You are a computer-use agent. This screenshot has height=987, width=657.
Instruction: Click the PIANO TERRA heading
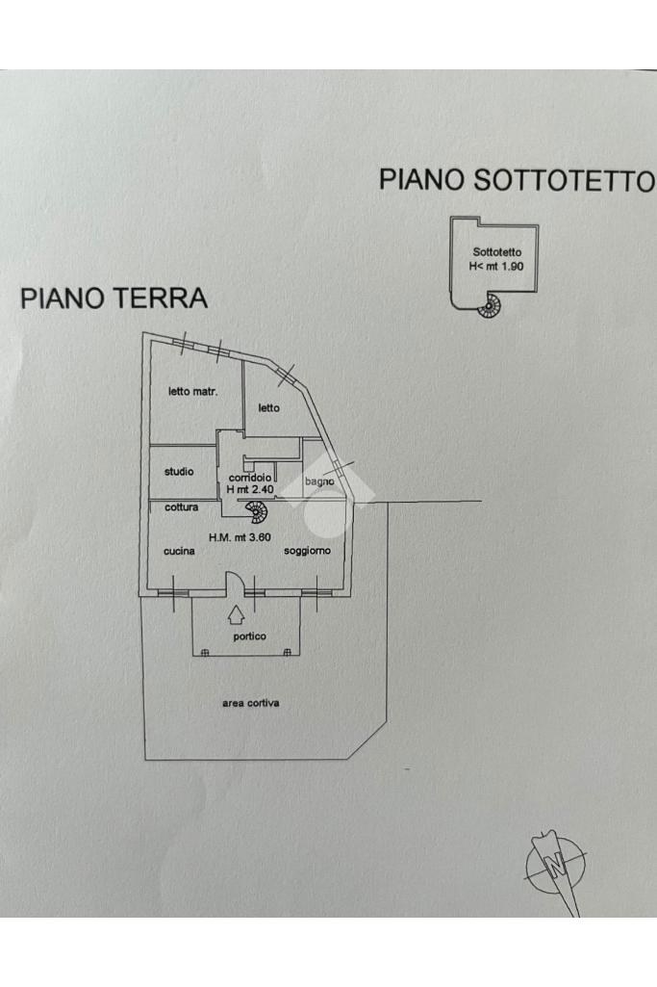click(x=114, y=298)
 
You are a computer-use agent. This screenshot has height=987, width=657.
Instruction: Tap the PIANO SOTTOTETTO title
click(x=517, y=180)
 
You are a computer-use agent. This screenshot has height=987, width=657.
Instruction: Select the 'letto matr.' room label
click(x=192, y=392)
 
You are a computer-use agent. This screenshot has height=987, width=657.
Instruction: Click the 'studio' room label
click(x=178, y=472)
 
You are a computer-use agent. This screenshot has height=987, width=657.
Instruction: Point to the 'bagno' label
click(x=319, y=481)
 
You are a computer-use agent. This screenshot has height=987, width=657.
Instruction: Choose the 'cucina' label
click(x=180, y=551)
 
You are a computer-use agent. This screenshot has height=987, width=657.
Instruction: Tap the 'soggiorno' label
click(x=307, y=551)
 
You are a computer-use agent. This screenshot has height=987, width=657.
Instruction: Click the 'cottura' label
click(x=181, y=507)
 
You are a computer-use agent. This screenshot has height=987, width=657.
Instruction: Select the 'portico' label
click(x=249, y=636)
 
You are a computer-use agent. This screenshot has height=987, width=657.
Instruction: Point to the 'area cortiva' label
click(x=250, y=703)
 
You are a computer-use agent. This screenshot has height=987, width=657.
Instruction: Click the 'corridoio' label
click(x=249, y=478)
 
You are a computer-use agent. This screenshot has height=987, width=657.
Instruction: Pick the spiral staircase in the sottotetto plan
click(x=491, y=306)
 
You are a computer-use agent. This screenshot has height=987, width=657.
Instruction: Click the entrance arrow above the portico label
click(x=237, y=612)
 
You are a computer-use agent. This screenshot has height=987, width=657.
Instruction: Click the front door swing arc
click(x=234, y=581)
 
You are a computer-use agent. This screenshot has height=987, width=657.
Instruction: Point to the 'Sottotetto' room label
click(x=497, y=252)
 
